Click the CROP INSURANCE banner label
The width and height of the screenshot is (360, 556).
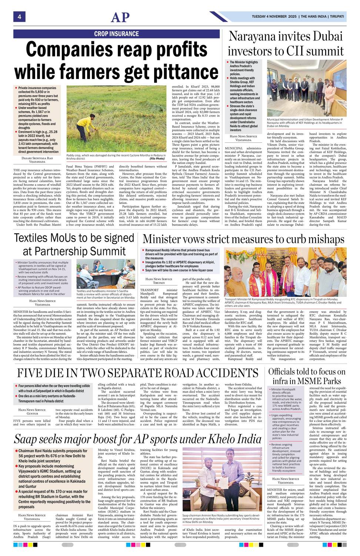point(116,34)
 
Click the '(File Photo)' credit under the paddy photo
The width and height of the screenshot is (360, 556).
point(157,159)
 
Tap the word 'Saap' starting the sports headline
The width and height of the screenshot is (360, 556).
point(25,439)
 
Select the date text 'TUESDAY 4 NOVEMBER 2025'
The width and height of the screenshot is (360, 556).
point(274,17)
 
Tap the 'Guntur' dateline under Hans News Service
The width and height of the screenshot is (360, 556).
point(33,413)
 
